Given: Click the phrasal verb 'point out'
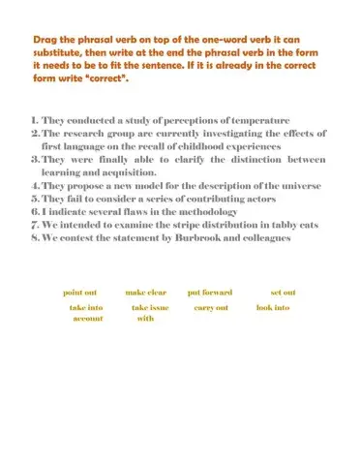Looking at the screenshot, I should click(80, 292).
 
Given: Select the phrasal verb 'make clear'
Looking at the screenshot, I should click(146, 292).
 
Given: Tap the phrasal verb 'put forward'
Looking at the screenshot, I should click(210, 292).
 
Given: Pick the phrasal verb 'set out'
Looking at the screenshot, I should click(283, 292).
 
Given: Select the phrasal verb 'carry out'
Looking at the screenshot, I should click(211, 307).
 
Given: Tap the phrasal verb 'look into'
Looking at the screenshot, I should click(273, 307).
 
